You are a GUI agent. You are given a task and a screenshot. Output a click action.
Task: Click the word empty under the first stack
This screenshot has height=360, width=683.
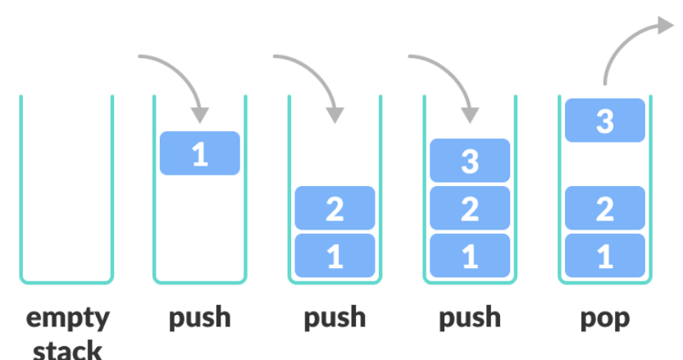[68, 319]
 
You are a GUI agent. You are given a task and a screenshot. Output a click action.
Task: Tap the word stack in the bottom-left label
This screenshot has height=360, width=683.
[67, 349]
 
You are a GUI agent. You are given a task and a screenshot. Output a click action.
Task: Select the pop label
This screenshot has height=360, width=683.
[605, 319]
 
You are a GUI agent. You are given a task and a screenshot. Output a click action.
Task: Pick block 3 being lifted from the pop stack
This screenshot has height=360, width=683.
[605, 121]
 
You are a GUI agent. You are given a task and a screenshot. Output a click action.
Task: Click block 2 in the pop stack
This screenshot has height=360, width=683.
[605, 208]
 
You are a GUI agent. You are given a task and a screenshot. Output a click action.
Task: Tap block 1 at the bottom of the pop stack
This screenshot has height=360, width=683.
[605, 255]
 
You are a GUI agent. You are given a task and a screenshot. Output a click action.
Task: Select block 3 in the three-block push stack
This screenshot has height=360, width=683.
[470, 161]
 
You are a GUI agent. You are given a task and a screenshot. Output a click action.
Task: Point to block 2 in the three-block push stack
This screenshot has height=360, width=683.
[470, 208]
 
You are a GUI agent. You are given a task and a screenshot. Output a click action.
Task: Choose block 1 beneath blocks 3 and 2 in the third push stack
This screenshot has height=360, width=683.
[470, 255]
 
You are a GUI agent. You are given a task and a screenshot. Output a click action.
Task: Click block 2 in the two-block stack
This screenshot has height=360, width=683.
[335, 208]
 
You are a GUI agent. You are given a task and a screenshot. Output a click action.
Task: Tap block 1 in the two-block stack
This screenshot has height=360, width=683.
[335, 255]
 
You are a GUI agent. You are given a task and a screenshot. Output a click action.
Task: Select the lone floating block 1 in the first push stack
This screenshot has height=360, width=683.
[200, 153]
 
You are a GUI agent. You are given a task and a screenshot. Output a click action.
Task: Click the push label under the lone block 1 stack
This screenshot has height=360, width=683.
[200, 318]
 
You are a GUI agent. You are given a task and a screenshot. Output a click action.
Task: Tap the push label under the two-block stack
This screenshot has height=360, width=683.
[335, 318]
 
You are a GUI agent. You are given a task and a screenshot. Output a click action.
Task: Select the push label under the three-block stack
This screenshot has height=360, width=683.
[470, 318]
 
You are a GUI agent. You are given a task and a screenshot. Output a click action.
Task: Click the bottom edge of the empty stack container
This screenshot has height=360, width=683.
[66, 283]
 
